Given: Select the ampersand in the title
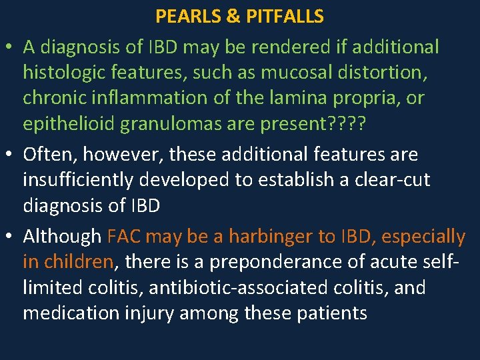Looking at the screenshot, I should click(x=233, y=16).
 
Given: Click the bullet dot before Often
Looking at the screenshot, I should click(x=11, y=155).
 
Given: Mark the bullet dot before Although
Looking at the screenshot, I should click(x=11, y=237).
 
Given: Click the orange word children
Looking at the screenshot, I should click(x=77, y=262).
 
